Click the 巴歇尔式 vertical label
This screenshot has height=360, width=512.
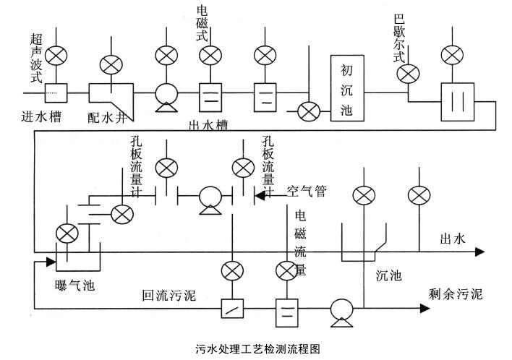point(396,40)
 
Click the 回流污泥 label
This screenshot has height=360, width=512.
point(168,294)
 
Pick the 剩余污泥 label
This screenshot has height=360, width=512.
point(453,294)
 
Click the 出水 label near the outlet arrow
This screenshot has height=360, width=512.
point(452,239)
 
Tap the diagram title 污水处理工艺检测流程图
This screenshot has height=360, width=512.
point(257,348)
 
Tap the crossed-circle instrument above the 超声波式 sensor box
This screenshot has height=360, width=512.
point(55,56)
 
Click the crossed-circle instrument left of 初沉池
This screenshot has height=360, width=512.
point(310,111)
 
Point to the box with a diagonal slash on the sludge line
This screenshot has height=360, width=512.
point(231,309)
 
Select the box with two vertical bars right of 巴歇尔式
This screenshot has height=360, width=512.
point(457,100)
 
